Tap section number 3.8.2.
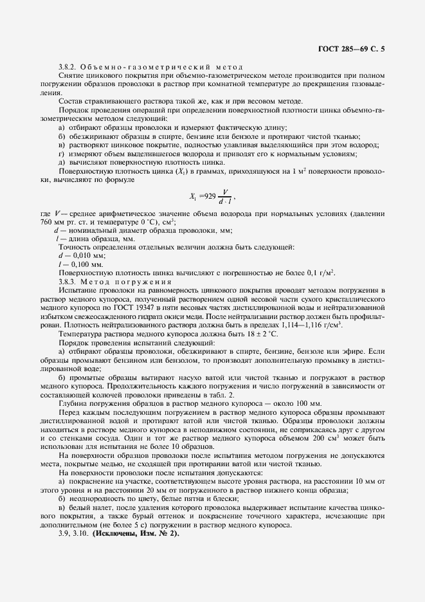point(68,68)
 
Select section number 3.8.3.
point(68,281)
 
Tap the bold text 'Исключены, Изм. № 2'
point(136,533)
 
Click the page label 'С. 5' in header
point(379,48)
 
